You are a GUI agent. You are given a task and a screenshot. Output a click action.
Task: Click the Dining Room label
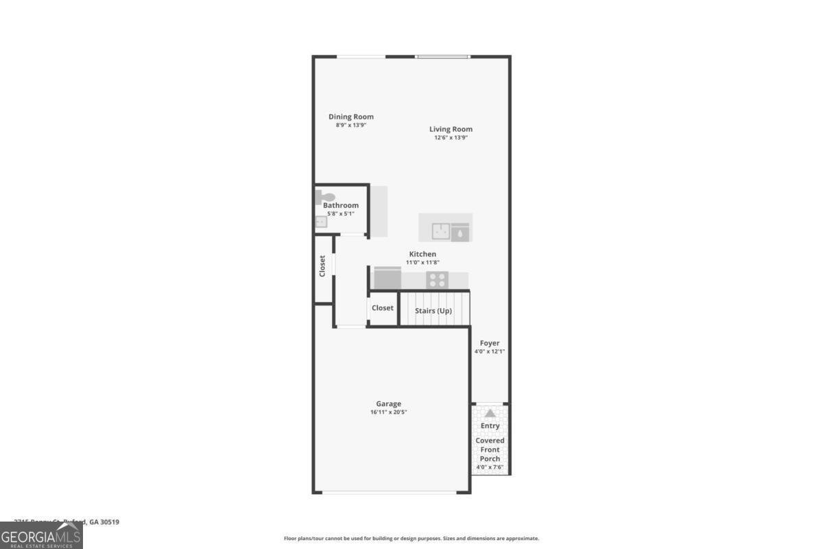tap(350, 117)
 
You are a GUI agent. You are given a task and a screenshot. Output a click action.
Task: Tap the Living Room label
tap(451, 129)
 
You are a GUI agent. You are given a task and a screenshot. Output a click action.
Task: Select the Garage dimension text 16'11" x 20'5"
tap(388, 412)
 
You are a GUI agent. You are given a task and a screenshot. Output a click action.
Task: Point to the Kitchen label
tap(422, 254)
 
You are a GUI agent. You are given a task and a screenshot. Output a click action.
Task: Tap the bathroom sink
tap(321, 222)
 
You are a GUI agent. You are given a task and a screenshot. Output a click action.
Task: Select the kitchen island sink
tap(441, 232)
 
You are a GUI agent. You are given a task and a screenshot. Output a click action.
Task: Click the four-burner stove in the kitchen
tap(437, 279)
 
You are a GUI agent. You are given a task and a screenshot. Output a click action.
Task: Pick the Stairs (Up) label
tap(433, 311)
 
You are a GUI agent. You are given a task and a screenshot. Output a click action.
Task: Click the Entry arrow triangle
tap(490, 414)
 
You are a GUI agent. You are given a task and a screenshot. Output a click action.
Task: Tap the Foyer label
tap(490, 343)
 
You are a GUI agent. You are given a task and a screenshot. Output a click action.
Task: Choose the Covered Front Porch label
tap(490, 449)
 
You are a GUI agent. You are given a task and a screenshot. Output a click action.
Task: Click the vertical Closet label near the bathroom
tap(322, 266)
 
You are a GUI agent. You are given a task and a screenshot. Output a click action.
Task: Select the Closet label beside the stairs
tap(383, 308)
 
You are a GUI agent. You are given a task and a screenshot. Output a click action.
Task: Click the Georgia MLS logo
tap(41, 535)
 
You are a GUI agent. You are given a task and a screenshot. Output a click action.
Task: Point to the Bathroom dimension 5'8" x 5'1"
tap(340, 213)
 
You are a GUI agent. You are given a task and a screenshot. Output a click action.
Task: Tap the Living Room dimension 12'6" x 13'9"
tap(451, 137)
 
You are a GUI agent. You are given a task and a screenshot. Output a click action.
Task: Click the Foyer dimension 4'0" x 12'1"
tap(490, 351)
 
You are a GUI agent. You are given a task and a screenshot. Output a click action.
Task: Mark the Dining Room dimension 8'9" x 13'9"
tap(350, 125)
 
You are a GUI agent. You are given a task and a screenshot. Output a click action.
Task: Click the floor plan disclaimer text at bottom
tap(411, 539)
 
